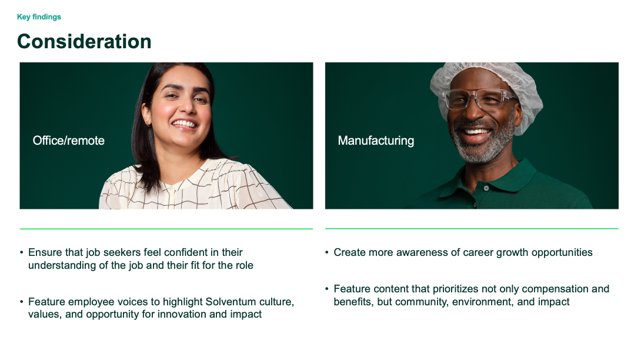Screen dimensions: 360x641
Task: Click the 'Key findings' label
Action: (39, 17)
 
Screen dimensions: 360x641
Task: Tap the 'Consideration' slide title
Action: (84, 42)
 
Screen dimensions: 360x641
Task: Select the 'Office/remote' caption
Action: (69, 141)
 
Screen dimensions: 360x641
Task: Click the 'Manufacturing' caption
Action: (376, 141)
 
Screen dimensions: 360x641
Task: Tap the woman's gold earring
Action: (148, 122)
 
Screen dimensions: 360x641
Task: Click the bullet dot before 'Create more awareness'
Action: (327, 253)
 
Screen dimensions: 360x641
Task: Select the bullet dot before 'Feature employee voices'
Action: (22, 302)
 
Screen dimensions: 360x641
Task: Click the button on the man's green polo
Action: (486, 188)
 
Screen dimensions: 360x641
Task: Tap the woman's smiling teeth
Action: (185, 124)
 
